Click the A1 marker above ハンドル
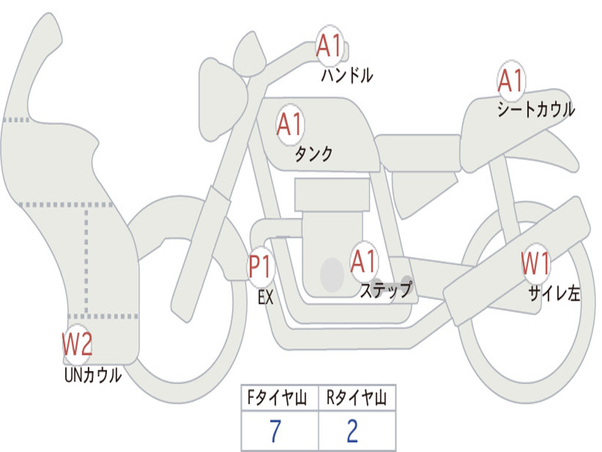click(329, 46)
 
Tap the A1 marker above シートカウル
click(510, 81)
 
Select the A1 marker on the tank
click(289, 124)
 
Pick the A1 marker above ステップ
click(364, 261)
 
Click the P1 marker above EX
click(260, 267)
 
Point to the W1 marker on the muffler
click(536, 263)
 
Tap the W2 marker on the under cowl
click(78, 344)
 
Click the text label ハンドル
click(347, 75)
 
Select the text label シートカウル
click(536, 109)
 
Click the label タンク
click(313, 154)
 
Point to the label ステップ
click(386, 290)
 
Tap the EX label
click(266, 297)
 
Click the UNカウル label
click(92, 375)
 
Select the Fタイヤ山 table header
click(279, 399)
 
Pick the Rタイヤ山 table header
click(357, 399)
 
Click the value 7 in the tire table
click(275, 431)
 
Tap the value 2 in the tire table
click(352, 431)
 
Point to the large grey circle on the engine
click(332, 274)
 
